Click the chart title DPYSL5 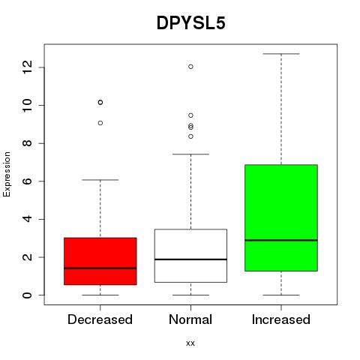(x=191, y=23)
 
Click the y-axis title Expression (x=7, y=174)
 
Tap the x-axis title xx (x=190, y=343)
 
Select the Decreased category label (x=100, y=319)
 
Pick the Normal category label (x=190, y=319)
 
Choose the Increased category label (x=281, y=319)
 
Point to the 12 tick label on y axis (x=27, y=67)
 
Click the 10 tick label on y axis (x=27, y=105)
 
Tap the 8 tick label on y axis (x=27, y=143)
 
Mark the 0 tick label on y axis (x=27, y=295)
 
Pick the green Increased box (x=281, y=217)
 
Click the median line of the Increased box (x=281, y=240)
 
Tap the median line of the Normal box (x=190, y=259)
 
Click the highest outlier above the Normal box (x=190, y=67)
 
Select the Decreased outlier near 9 (x=100, y=123)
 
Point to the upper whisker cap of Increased (x=281, y=54)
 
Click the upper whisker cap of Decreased (x=100, y=180)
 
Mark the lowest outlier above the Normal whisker (x=190, y=136)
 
